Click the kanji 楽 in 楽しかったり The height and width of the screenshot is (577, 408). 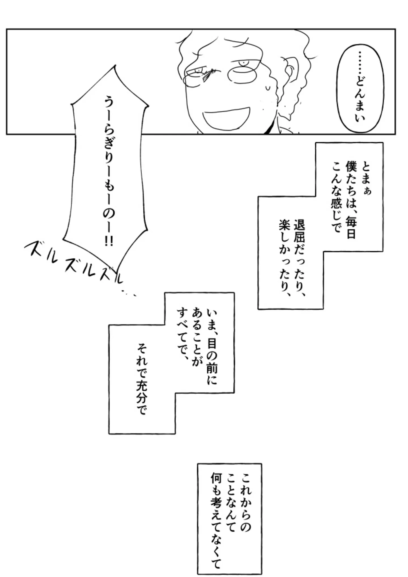(284, 225)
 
